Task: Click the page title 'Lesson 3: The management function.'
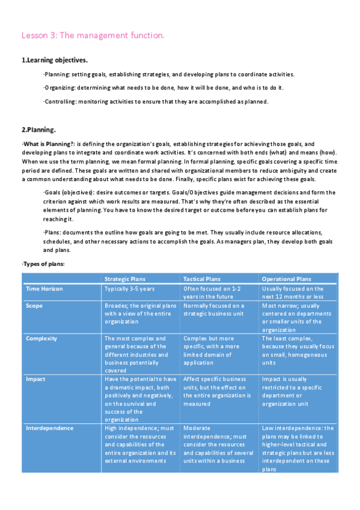click(x=93, y=36)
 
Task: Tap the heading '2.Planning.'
click(x=38, y=129)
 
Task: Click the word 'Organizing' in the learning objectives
click(x=59, y=88)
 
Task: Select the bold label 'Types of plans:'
click(x=44, y=264)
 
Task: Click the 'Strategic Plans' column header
click(x=125, y=279)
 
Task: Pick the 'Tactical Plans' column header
click(x=202, y=279)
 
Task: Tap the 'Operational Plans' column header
click(x=286, y=279)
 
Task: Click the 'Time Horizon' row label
click(x=44, y=289)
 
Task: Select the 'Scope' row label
click(x=34, y=306)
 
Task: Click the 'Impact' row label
click(x=35, y=379)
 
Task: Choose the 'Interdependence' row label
click(x=49, y=428)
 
